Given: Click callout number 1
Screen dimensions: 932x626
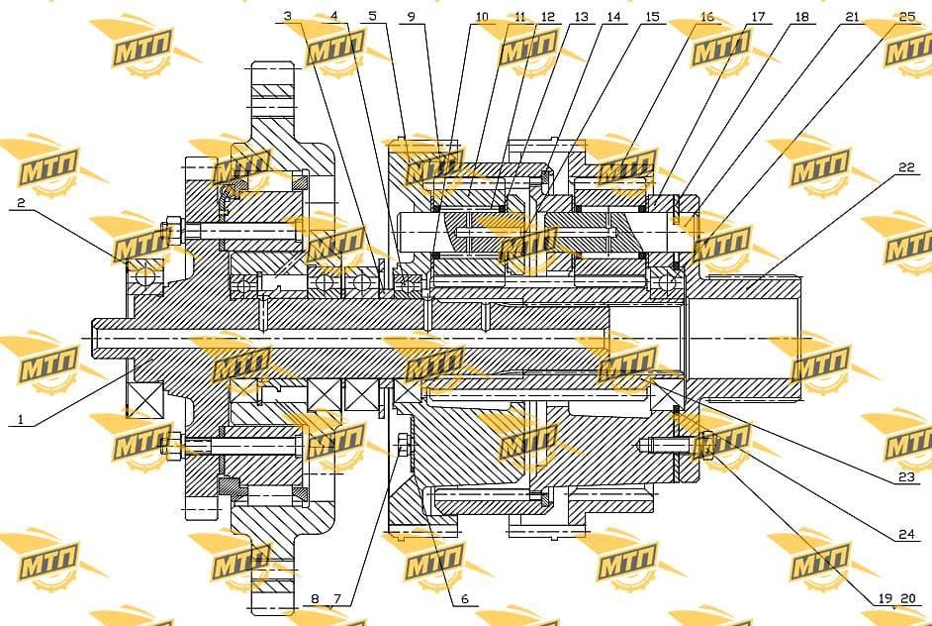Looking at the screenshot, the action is click(21, 419).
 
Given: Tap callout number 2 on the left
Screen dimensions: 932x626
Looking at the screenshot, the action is click(21, 202).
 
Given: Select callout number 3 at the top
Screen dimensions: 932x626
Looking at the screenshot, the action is click(288, 16).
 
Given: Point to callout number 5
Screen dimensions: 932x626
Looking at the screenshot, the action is click(372, 16).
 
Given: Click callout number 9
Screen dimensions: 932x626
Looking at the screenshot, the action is click(412, 17).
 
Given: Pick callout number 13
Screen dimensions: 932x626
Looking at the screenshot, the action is click(581, 17).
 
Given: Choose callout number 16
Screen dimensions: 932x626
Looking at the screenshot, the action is click(706, 17).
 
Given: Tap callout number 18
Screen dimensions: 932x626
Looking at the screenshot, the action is click(801, 17).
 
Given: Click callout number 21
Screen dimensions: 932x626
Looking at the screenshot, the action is click(852, 17).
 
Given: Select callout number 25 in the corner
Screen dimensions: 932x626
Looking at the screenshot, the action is click(907, 16).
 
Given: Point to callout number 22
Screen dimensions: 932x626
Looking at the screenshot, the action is click(906, 167).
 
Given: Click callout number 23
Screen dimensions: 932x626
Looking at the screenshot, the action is click(906, 476).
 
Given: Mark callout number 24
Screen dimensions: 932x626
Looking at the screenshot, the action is click(906, 534).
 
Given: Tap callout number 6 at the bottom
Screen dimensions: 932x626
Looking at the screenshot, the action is click(465, 598).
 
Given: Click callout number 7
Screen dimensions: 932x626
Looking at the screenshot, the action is click(337, 598).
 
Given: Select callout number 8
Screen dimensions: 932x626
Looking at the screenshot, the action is click(315, 598).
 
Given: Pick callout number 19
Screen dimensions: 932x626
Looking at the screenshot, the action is click(885, 598).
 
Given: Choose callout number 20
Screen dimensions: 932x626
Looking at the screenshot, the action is click(907, 598).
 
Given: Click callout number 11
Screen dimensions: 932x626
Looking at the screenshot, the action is click(520, 17).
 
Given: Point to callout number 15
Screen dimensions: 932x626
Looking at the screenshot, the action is click(652, 17).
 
